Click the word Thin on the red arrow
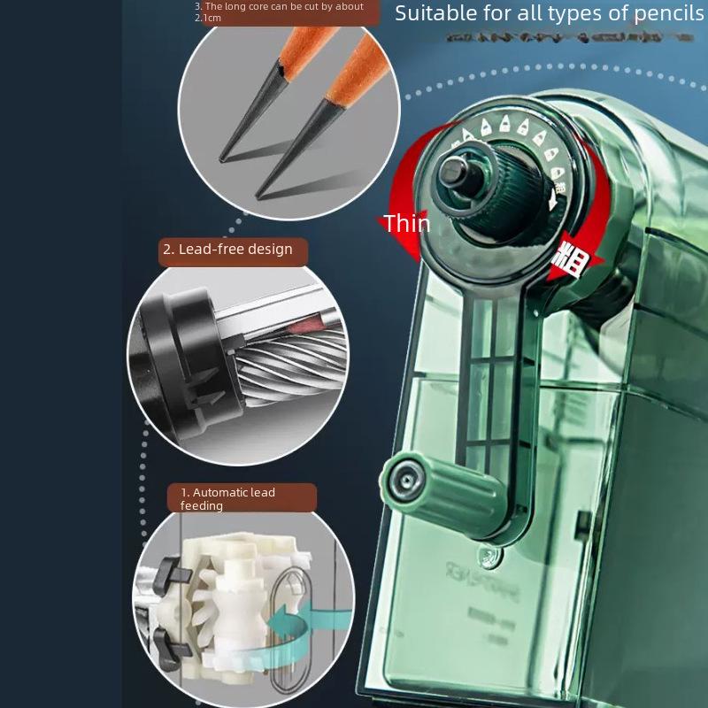pos(406,224)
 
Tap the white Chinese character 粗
pos(567,260)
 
